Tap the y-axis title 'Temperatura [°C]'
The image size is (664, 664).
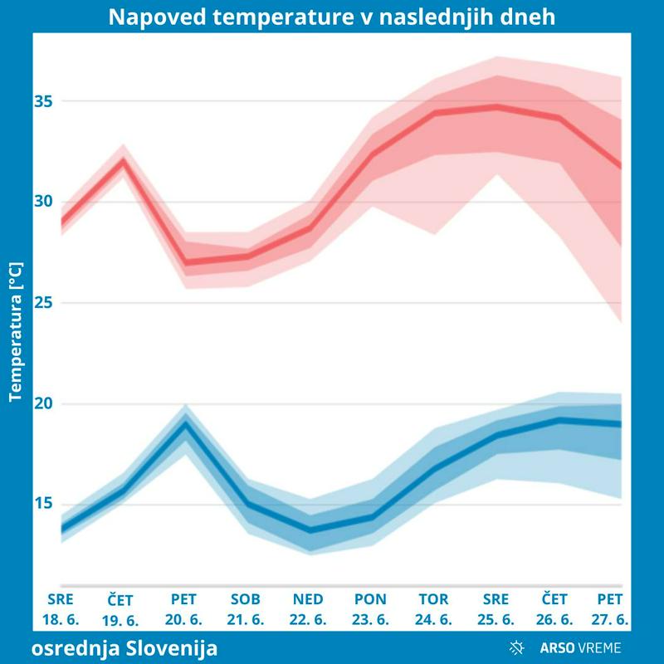point(15,332)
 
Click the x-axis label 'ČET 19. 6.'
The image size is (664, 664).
point(121,610)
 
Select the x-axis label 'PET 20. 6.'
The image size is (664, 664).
point(184,609)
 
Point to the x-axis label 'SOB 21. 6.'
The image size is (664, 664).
point(246,609)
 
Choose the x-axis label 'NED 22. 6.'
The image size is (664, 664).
point(308,609)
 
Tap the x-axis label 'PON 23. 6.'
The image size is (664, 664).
point(370,609)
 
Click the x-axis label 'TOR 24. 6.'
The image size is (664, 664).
point(433,609)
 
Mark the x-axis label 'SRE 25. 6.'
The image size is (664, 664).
point(496,609)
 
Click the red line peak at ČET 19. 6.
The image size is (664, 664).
point(123,159)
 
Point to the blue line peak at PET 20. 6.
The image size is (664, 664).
point(184,422)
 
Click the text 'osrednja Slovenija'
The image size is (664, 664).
point(124,647)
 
